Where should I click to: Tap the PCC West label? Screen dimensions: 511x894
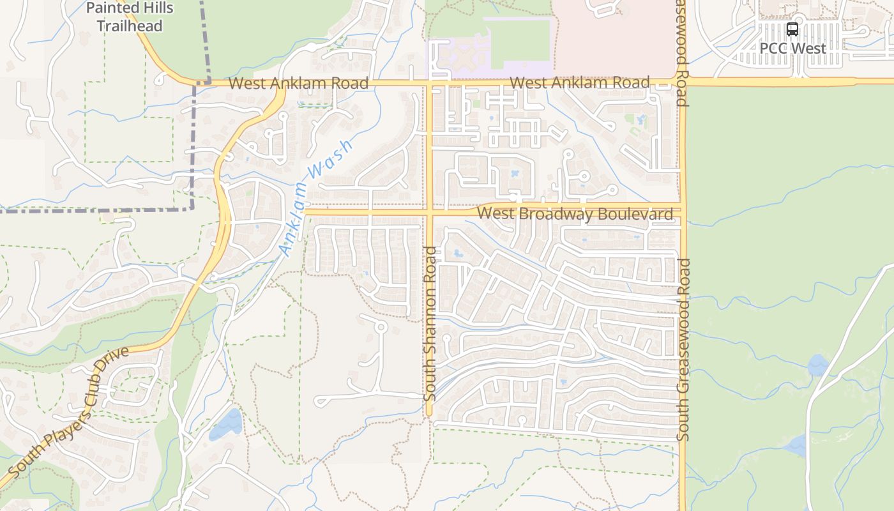tap(792, 48)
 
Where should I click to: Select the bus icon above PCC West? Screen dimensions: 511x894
tap(792, 29)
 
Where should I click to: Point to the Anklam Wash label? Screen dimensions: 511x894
tap(315, 198)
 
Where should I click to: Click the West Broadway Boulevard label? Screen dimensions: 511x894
tap(575, 213)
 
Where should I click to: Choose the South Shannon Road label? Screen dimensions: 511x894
tap(430, 324)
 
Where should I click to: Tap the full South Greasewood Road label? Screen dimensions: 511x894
tap(683, 349)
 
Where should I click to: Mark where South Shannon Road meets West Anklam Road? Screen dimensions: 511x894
tap(430, 83)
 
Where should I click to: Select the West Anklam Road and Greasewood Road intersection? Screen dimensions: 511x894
tap(681, 82)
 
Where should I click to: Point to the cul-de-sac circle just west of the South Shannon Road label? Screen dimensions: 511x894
tap(381, 327)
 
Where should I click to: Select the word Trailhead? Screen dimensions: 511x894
tap(130, 26)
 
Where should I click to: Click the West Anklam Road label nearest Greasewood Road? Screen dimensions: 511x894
tap(580, 83)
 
